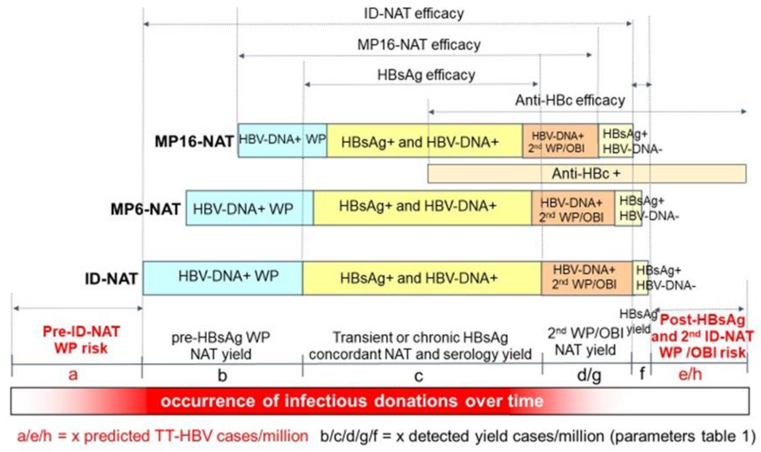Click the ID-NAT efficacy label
[x=414, y=14]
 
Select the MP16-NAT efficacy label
[x=419, y=45]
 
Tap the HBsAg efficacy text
[x=426, y=75]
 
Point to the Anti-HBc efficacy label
[x=570, y=100]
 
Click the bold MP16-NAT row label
[x=194, y=142]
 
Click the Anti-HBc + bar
[x=586, y=174]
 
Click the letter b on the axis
[x=222, y=375]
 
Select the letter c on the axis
[x=419, y=377]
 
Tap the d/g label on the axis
[x=589, y=375]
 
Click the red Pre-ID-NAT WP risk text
[x=81, y=340]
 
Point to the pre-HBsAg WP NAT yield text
[x=221, y=345]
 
